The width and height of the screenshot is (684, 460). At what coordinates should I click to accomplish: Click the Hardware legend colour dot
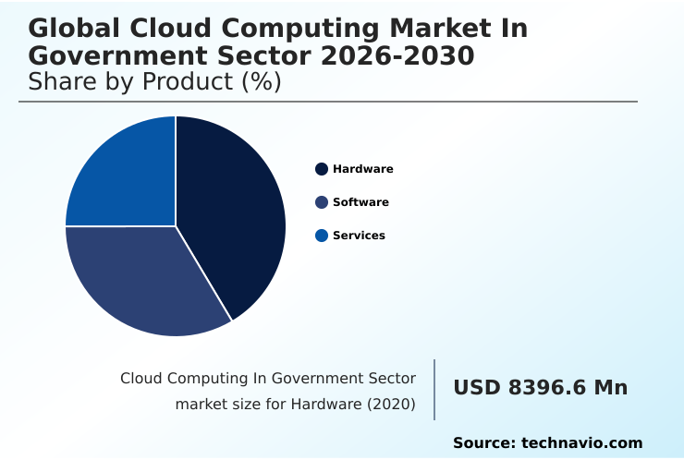click(x=322, y=169)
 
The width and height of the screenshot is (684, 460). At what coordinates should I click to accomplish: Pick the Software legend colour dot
click(x=322, y=202)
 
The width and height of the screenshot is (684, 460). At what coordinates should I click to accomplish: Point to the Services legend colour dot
click(x=322, y=236)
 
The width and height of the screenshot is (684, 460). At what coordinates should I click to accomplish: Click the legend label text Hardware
click(x=363, y=169)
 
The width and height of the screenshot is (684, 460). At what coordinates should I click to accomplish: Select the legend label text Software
click(x=360, y=202)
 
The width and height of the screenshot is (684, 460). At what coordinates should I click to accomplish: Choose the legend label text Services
click(x=359, y=236)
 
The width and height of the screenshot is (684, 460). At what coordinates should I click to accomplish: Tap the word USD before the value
click(x=476, y=388)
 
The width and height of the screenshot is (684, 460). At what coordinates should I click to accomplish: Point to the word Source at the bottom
click(x=483, y=443)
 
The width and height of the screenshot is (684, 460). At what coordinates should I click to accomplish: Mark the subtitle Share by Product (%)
click(x=154, y=81)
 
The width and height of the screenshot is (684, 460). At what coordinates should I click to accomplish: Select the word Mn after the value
click(x=610, y=388)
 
